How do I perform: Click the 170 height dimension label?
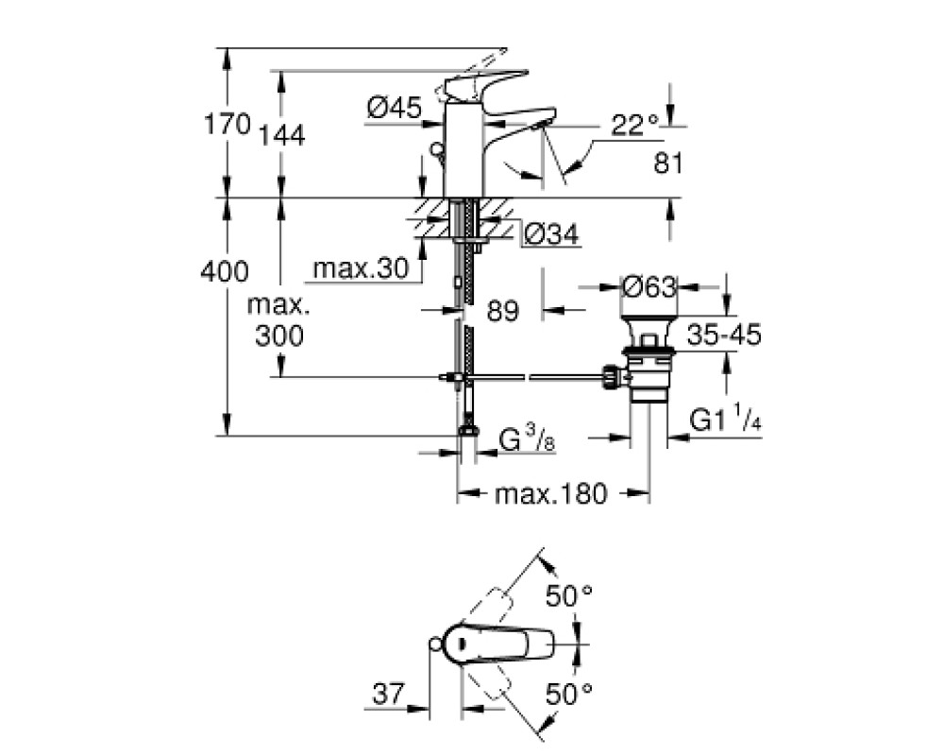click(x=227, y=125)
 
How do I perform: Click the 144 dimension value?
click(x=281, y=136)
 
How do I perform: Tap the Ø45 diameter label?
click(x=395, y=109)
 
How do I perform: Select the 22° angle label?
click(x=635, y=126)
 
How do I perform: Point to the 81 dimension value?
click(x=668, y=163)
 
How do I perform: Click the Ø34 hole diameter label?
click(x=551, y=234)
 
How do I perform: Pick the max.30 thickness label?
click(x=361, y=268)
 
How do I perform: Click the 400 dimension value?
click(x=225, y=272)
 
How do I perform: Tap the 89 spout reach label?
click(x=503, y=311)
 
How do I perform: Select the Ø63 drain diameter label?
click(x=649, y=287)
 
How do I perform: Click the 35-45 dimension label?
click(x=724, y=335)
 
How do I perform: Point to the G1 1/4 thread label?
click(x=725, y=419)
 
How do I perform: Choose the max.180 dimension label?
click(x=551, y=494)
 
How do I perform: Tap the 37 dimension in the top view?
click(x=388, y=694)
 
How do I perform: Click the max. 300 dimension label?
click(x=278, y=321)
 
